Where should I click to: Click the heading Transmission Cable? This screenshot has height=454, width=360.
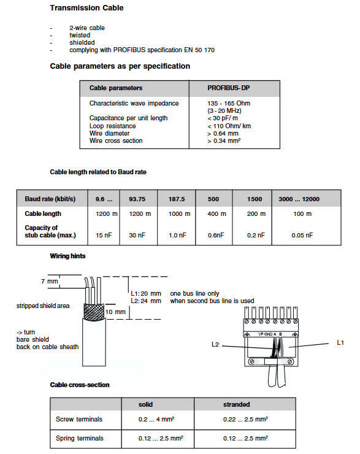86,8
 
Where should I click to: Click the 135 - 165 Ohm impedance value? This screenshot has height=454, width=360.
229,103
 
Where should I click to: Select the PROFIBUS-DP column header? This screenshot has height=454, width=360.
228,88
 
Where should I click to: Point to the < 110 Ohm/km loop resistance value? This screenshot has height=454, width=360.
229,126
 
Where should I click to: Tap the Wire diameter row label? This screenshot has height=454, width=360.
109,134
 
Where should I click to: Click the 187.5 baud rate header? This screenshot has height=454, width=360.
177,199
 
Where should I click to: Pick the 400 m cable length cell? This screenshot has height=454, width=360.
216,214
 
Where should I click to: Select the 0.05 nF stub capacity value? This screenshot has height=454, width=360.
302,236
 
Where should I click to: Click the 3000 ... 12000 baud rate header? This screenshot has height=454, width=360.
299,199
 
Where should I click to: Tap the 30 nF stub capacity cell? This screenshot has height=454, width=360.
137,236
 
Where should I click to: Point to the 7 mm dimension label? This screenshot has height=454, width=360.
50,281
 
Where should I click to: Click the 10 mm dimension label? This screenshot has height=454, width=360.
115,312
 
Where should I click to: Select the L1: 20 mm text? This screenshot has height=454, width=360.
146,294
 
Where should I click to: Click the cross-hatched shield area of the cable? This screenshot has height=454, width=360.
93,312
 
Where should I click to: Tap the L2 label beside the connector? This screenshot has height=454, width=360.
215,345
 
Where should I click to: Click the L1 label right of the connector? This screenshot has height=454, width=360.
340,343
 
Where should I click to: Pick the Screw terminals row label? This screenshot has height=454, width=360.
79,419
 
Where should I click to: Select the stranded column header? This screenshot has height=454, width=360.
237,404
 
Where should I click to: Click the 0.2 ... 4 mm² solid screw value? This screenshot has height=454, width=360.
156,419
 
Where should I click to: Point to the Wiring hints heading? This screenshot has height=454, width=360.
67,256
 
